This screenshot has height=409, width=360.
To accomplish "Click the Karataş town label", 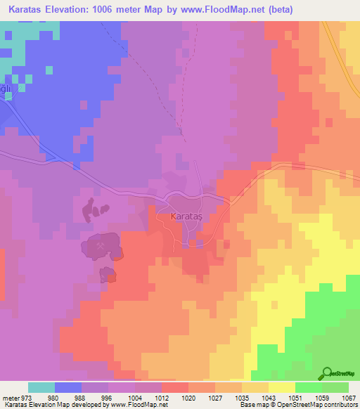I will point(186,217).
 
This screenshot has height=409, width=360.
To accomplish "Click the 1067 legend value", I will point(349,398).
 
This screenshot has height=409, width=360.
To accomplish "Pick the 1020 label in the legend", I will point(188,398).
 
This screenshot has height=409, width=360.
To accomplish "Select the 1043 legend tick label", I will point(269,398).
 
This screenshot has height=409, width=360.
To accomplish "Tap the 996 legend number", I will point(108,398).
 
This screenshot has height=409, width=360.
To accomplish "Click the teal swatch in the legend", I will point(41,387).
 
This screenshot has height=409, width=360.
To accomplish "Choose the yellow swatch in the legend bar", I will point(282,387).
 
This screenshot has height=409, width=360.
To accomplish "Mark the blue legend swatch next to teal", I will point(68,387).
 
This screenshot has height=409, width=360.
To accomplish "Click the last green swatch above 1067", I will point(335,387).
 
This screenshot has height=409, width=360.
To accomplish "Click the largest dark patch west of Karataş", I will point(102,247).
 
